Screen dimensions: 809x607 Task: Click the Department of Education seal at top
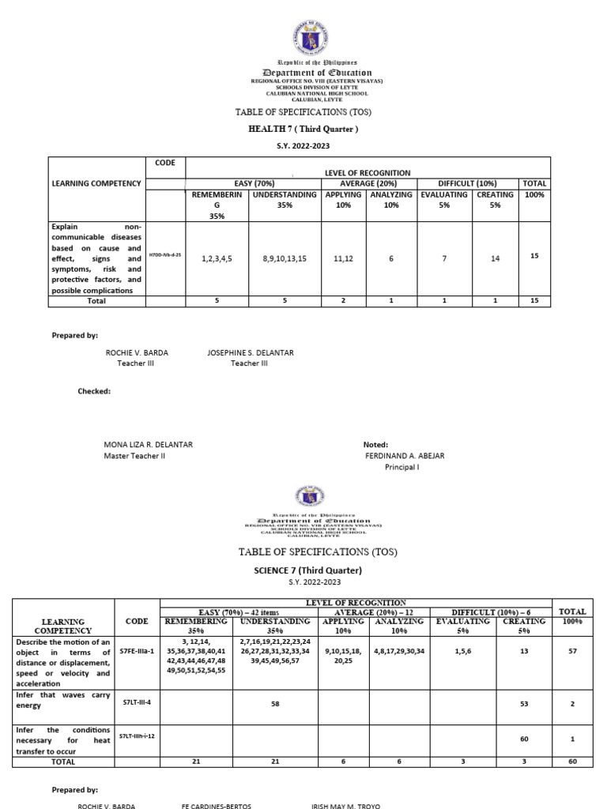pos(305,36)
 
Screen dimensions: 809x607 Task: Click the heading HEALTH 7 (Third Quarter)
pos(304,129)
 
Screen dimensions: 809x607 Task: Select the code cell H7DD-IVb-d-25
pos(166,257)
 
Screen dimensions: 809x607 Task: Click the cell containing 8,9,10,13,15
pos(284,258)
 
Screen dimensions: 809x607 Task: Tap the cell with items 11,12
pos(342,258)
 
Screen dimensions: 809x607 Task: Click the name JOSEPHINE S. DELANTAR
pos(250,352)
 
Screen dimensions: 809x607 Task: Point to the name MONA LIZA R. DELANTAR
pos(149,445)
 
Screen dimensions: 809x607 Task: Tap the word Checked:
pos(94,391)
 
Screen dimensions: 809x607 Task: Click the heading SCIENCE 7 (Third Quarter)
pos(304,570)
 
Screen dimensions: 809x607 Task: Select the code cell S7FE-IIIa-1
pos(138,653)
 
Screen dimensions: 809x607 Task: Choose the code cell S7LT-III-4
pos(138,701)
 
